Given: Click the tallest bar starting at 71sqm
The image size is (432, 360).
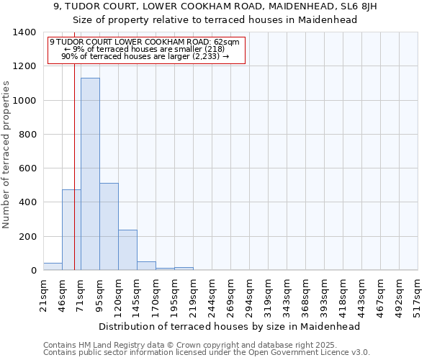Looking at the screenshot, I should point(90,174).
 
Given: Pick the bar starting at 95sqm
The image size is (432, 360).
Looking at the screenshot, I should point(109,227).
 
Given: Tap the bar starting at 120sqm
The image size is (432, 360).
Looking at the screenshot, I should point(127,250).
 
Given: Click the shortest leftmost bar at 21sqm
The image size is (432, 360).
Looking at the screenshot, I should point(53,266).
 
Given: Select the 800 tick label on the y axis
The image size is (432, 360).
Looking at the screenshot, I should point(27,135).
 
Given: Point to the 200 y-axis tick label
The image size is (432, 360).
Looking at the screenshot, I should point(27,237).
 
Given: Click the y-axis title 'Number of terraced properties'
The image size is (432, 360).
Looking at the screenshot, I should point(7,154).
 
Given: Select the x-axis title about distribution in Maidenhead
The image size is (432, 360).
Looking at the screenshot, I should point(229,326).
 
